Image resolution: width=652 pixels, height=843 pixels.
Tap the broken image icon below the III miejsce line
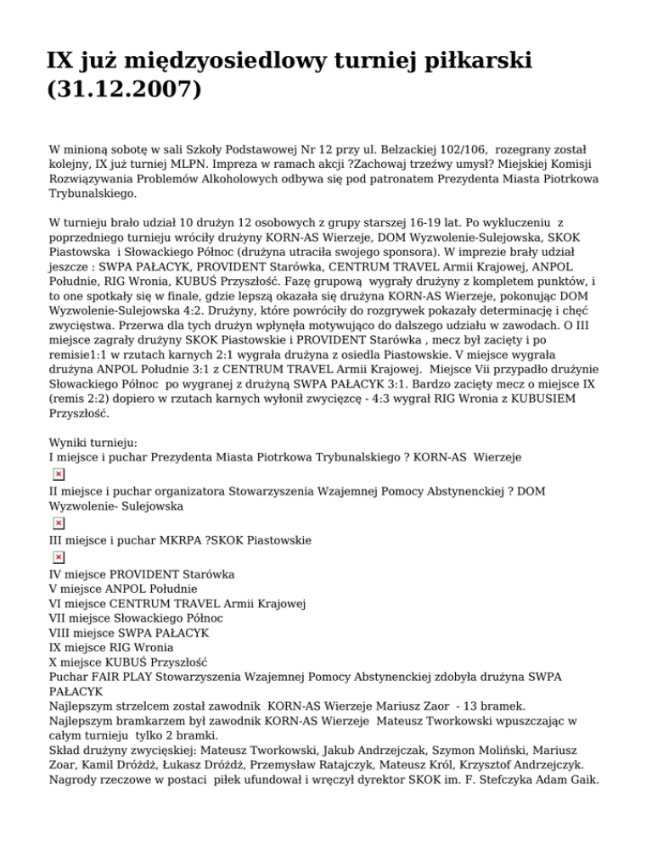58,557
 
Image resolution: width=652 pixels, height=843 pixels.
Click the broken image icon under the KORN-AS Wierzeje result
58,472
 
